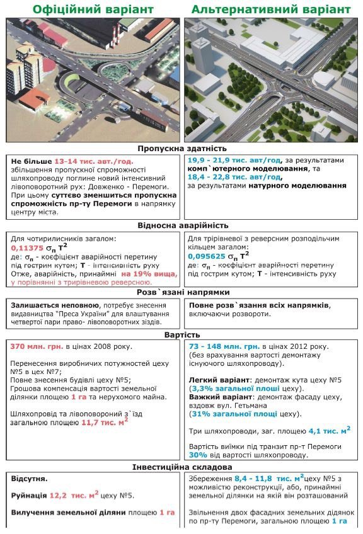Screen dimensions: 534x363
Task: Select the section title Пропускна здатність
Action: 181,149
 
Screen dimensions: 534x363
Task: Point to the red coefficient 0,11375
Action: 28,248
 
